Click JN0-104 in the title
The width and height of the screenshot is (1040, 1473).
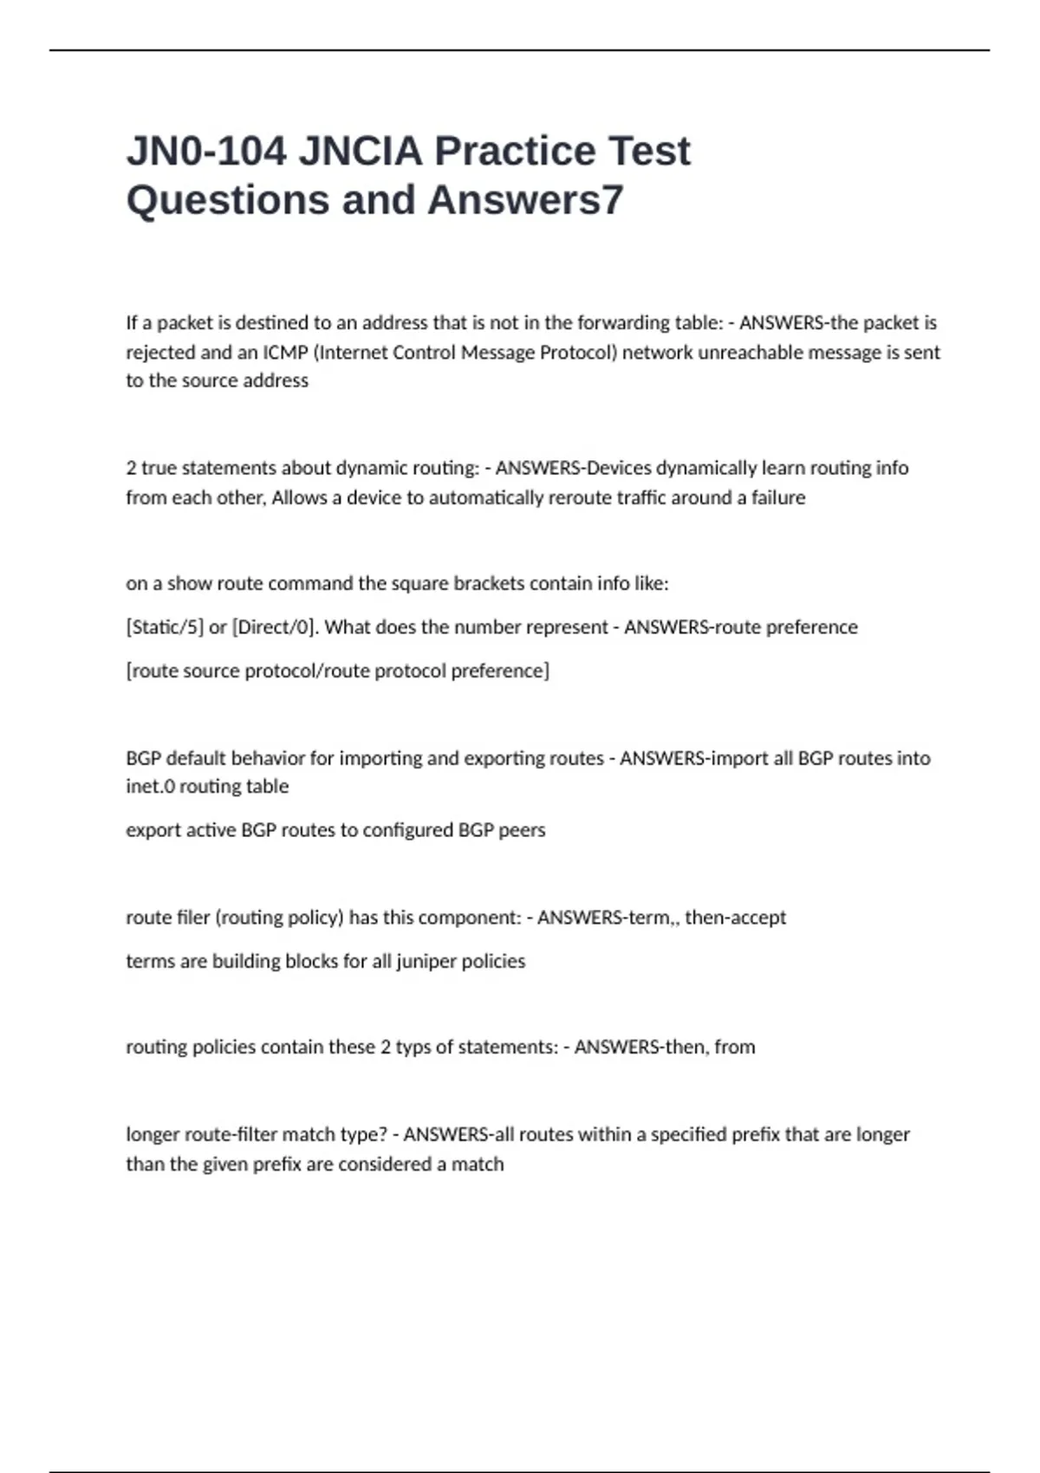coord(206,152)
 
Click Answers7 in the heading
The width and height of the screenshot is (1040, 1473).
coord(525,200)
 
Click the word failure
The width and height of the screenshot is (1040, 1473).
coord(777,498)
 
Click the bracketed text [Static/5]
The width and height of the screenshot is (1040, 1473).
coord(165,627)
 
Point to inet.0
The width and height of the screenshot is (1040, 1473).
coord(151,787)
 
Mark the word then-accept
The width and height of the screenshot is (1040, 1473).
coord(735,918)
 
